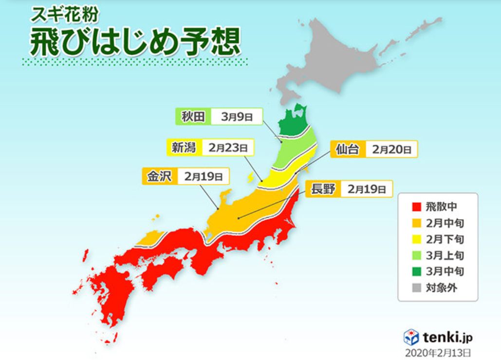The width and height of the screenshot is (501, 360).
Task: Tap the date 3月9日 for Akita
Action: (236, 117)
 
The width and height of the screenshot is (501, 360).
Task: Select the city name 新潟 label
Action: (184, 147)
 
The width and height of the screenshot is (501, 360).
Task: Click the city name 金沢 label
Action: (158, 176)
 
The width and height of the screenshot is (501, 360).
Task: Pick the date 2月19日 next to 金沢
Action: (203, 176)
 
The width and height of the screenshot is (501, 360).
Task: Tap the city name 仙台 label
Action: (348, 149)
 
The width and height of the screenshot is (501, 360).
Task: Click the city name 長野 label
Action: (323, 189)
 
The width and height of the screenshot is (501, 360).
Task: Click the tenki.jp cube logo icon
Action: (411, 337)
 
